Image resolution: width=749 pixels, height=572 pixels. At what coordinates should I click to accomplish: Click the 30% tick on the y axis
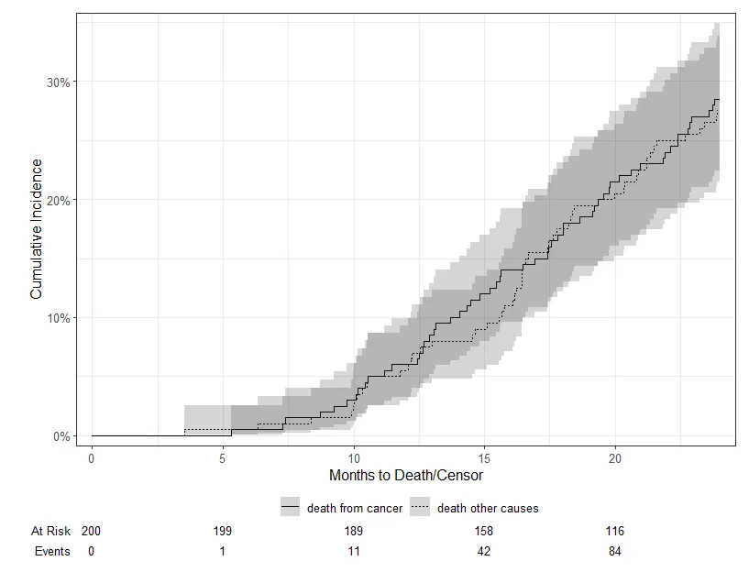pos(59,82)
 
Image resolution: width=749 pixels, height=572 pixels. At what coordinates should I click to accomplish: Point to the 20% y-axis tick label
pos(59,200)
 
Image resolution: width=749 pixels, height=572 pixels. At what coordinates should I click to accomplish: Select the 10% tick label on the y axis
pos(59,318)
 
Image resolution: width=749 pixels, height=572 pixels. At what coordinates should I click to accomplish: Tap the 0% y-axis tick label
pos(61,436)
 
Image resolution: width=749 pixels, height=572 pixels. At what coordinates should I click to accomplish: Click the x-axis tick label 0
pos(92,456)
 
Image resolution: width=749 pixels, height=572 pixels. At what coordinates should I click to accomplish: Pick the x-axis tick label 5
pos(223,456)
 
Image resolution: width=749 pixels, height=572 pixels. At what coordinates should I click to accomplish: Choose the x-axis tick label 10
pos(354,456)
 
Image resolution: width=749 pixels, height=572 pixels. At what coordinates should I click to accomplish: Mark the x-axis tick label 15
pos(485,456)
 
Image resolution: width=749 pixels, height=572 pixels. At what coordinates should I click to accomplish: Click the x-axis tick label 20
pos(616,456)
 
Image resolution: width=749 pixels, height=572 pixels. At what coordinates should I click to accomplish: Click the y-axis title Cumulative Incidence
pos(37,229)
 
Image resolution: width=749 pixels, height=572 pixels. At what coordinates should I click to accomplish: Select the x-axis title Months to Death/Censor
pos(405,476)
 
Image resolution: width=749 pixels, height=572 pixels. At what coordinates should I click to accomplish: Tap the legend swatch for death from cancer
pos(291,508)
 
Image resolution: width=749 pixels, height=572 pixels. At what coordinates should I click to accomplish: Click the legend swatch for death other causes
pos(421,508)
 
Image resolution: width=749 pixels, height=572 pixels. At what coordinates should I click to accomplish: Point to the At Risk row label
pos(50,531)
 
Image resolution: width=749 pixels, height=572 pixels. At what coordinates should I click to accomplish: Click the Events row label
pos(52,551)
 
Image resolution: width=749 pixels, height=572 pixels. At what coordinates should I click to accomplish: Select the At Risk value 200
pos(92,531)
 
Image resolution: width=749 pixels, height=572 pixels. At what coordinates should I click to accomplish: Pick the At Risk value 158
pos(485,531)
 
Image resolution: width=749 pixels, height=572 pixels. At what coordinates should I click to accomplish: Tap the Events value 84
pos(616,551)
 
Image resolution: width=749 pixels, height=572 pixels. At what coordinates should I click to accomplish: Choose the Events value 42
pos(485,551)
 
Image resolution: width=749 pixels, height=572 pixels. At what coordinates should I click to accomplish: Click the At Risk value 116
pos(616,531)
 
